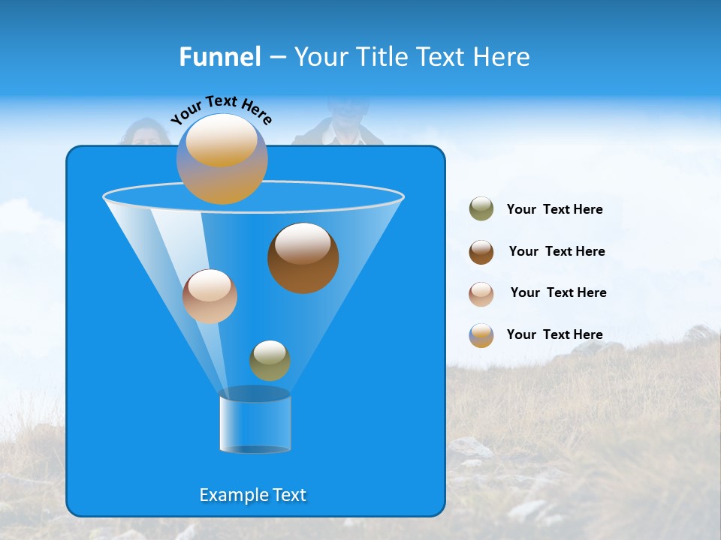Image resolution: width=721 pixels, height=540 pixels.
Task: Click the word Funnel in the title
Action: click(220, 57)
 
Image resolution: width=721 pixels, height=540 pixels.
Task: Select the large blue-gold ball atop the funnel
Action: click(222, 159)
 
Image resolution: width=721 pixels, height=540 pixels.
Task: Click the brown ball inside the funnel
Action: click(303, 259)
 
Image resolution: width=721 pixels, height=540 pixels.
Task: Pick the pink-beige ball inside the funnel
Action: click(210, 296)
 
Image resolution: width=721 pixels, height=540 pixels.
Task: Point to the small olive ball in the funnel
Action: click(270, 361)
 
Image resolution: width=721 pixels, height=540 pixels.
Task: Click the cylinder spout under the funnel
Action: click(255, 421)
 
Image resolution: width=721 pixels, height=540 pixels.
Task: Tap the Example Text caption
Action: click(252, 495)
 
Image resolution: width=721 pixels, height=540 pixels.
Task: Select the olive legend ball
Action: click(481, 209)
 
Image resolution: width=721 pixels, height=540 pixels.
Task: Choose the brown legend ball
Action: click(481, 252)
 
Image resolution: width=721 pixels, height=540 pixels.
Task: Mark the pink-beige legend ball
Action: click(481, 293)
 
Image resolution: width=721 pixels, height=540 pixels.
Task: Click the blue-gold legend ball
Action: click(481, 335)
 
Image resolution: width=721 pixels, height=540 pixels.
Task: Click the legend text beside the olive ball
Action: click(554, 210)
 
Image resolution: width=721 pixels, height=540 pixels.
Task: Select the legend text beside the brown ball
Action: click(557, 252)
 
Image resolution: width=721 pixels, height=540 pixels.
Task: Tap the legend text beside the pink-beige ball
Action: click(558, 293)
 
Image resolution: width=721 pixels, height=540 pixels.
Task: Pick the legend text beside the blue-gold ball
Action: click(554, 335)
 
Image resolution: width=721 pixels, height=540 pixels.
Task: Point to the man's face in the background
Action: click(344, 112)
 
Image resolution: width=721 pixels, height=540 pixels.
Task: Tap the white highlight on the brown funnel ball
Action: click(303, 244)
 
